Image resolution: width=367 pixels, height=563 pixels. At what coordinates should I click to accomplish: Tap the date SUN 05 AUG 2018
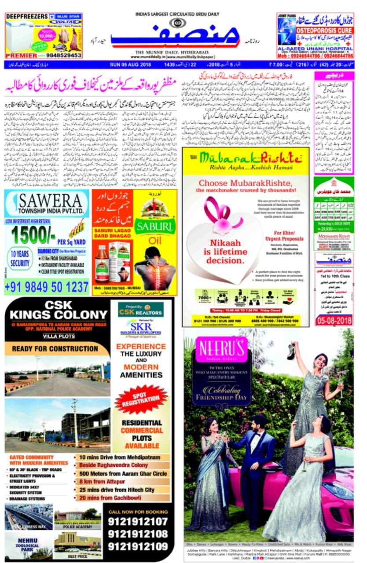(131, 65)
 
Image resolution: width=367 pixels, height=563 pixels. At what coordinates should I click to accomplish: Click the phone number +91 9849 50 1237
(47, 287)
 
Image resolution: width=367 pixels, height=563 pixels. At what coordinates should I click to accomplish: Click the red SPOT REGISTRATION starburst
(142, 398)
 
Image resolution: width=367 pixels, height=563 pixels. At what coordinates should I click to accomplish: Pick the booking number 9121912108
(138, 534)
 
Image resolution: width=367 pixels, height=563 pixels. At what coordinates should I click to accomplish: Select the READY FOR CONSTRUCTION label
(55, 349)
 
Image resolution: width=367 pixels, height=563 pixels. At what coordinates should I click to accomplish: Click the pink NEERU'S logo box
(222, 350)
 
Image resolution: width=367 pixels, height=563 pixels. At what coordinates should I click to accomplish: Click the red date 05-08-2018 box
(334, 320)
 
